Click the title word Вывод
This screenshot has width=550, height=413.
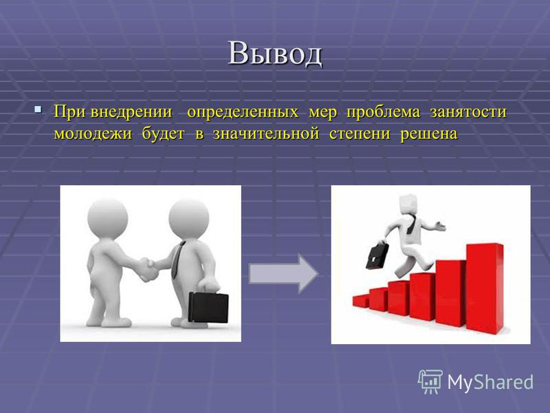pyautogui.click(x=275, y=54)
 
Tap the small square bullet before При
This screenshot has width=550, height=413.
pyautogui.click(x=38, y=109)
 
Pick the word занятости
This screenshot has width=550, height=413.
pyautogui.click(x=468, y=112)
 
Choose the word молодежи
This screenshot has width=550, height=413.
pyautogui.click(x=93, y=134)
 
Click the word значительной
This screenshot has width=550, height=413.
pyautogui.click(x=266, y=134)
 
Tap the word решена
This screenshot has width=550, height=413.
pyautogui.click(x=429, y=134)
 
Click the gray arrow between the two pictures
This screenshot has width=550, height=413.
pyautogui.click(x=283, y=273)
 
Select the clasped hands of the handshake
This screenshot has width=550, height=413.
pyautogui.click(x=148, y=268)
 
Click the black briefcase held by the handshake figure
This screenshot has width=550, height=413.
pyautogui.click(x=208, y=307)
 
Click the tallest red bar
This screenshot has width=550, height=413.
pyautogui.click(x=485, y=288)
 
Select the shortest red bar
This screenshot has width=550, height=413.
pyautogui.click(x=361, y=301)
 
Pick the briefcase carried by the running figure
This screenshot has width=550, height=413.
pyautogui.click(x=377, y=255)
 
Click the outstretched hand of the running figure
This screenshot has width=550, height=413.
pyautogui.click(x=440, y=226)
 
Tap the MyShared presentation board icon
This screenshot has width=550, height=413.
pyautogui.click(x=430, y=382)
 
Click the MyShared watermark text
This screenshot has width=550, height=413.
pyautogui.click(x=490, y=382)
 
